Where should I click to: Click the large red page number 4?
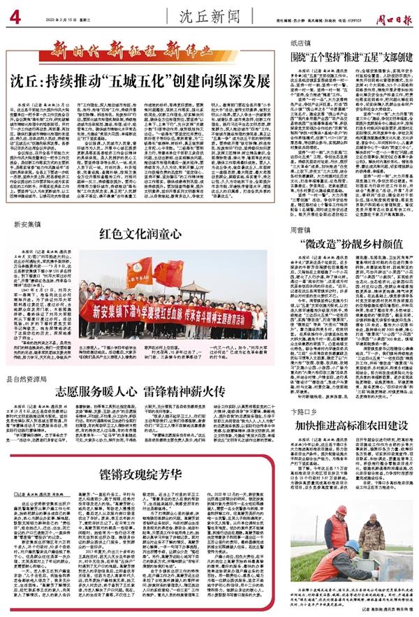(x=15, y=16)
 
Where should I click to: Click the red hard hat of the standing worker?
(x=341, y=511)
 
